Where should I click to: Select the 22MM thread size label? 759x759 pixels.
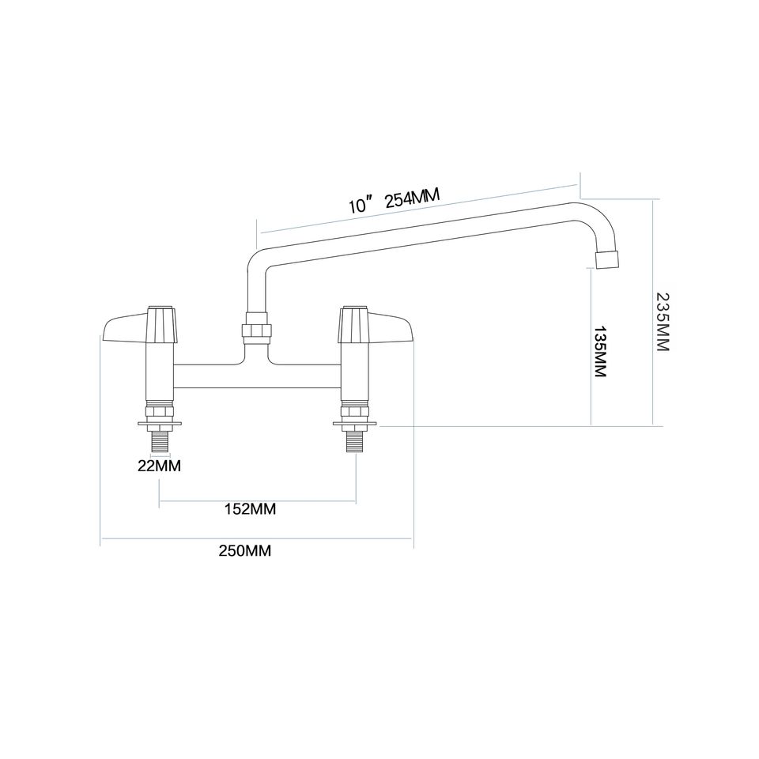click(159, 466)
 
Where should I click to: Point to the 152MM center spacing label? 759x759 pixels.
click(250, 509)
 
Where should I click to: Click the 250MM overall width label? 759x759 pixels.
click(245, 551)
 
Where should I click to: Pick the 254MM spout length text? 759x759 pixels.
click(411, 198)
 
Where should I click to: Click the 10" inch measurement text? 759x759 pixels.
click(360, 207)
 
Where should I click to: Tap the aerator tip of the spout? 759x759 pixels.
click(606, 259)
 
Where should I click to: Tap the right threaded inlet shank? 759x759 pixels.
click(356, 440)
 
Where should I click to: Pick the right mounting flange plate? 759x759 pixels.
click(356, 426)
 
